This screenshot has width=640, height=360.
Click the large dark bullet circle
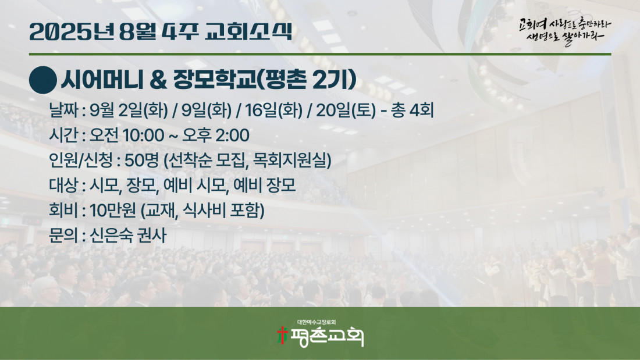[x=43, y=80]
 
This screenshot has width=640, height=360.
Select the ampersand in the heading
[x=158, y=80]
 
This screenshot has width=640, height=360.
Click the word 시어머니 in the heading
[x=102, y=80]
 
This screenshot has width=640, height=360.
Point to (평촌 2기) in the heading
[x=307, y=80]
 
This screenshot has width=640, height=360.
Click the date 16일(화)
[x=274, y=111]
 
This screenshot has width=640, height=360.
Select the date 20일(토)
[x=346, y=111]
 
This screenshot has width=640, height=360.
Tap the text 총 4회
[x=413, y=110]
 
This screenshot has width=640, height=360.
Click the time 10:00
[x=143, y=136]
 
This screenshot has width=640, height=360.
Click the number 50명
[x=141, y=161]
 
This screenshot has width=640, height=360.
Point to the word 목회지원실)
[x=292, y=161]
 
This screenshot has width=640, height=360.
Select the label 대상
[x=63, y=186]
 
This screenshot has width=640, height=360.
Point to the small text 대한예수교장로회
[x=317, y=322]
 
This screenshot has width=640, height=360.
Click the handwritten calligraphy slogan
[x=566, y=31]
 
